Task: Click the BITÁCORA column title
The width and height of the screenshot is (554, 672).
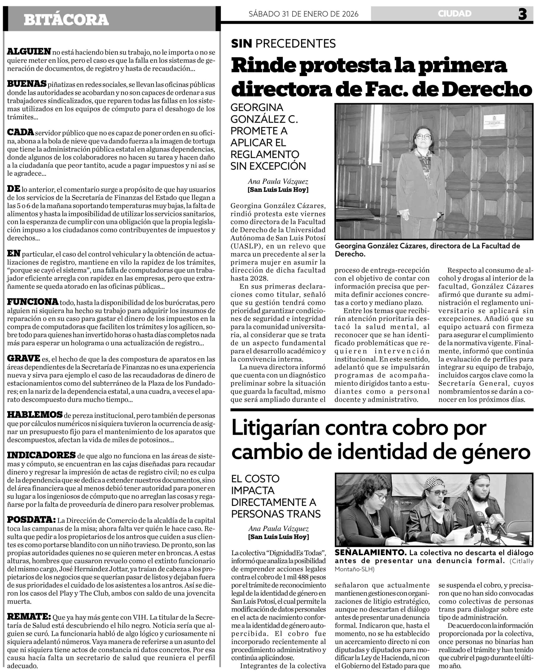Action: pyautogui.click(x=66, y=19)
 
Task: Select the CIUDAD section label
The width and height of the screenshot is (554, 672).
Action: pyautogui.click(x=454, y=14)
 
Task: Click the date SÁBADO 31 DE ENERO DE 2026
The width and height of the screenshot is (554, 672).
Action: pyautogui.click(x=304, y=14)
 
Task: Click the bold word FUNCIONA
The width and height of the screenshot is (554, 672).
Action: pyautogui.click(x=33, y=302)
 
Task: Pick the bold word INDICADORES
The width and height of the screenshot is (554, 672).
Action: pyautogui.click(x=41, y=455)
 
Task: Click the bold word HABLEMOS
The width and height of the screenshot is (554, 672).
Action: pyautogui.click(x=35, y=414)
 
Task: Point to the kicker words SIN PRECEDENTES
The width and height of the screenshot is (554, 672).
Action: pyautogui.click(x=283, y=43)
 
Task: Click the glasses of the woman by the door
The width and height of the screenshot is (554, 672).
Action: pyautogui.click(x=424, y=136)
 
